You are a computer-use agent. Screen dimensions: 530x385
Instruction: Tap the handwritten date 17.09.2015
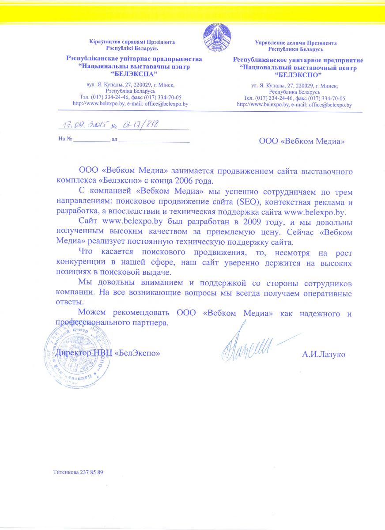click(84, 125)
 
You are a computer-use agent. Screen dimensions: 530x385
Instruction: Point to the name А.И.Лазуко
click(324, 354)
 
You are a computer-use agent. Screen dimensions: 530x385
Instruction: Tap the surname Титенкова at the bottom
click(66, 472)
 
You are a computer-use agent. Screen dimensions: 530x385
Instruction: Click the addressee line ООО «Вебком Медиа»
click(301, 141)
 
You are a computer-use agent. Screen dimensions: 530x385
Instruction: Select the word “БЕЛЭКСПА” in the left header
click(133, 74)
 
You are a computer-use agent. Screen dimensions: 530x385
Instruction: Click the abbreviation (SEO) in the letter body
click(249, 203)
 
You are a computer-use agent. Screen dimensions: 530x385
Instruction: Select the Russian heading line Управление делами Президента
click(296, 43)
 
